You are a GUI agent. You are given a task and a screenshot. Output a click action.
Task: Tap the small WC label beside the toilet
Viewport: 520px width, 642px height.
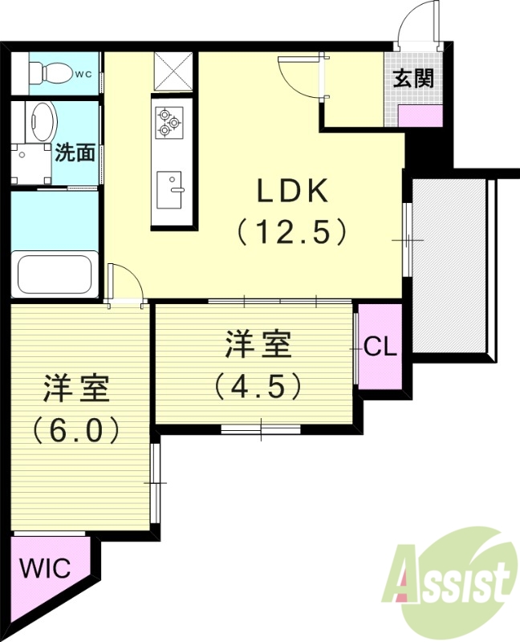click(x=83, y=75)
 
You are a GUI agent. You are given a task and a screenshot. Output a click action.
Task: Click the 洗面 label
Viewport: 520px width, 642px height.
click(x=76, y=152)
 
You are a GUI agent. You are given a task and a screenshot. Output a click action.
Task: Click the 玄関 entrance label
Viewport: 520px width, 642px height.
click(x=413, y=78)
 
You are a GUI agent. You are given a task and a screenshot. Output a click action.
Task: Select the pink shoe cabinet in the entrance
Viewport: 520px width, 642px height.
click(x=420, y=115)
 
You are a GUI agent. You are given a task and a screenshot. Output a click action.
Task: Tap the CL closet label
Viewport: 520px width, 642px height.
click(x=380, y=347)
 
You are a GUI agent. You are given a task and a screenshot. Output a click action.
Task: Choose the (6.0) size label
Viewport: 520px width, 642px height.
click(x=76, y=430)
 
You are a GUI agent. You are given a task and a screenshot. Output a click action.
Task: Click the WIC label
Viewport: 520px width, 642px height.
click(x=45, y=568)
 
